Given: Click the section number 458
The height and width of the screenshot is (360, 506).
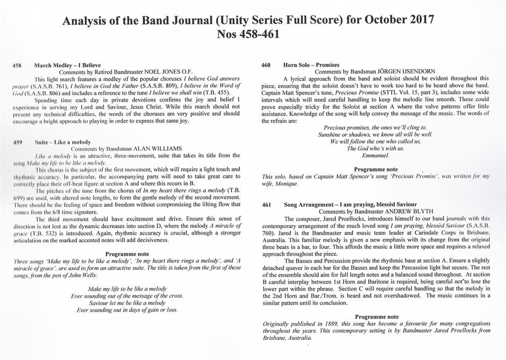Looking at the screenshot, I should [17, 65].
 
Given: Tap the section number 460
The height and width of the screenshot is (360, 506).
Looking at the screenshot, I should [266, 65].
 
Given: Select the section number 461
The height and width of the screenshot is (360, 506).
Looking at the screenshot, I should [266, 205].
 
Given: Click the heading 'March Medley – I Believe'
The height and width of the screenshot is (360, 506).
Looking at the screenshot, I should [68, 65].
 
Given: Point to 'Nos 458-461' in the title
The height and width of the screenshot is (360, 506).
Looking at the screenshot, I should [252, 36].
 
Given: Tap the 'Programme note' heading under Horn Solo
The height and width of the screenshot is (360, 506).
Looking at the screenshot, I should [376, 169].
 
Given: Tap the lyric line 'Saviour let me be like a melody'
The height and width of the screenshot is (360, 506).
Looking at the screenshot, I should [127, 303].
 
